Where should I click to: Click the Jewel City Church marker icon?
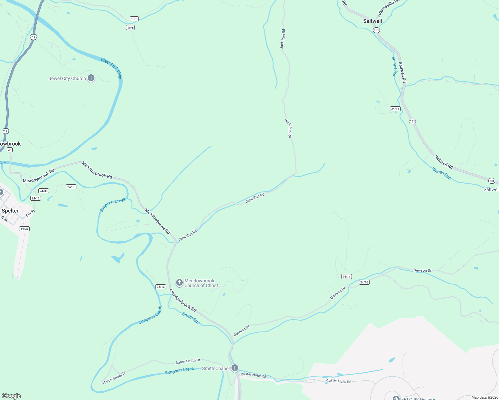coord(91,78)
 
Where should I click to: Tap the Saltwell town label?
coord(372,21)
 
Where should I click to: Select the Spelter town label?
coord(10,211)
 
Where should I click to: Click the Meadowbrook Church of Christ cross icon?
coord(179,283)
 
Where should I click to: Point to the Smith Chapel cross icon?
coord(235,368)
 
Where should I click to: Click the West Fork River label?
coord(112,69)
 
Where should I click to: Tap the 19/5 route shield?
coord(134,19)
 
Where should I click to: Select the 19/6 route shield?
coord(130,28)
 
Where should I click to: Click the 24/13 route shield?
coord(161,287)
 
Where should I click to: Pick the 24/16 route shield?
coord(364,282)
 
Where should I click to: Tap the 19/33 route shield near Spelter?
coord(24,229)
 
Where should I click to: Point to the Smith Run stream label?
coord(191,318)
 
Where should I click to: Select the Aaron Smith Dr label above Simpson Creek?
coord(188,361)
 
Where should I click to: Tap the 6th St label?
coord(30,213)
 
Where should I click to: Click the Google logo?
coord(11,396)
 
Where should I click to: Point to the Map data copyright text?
coord(484,397)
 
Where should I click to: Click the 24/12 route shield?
coord(36,198)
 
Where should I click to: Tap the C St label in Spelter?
coord(4,219)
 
